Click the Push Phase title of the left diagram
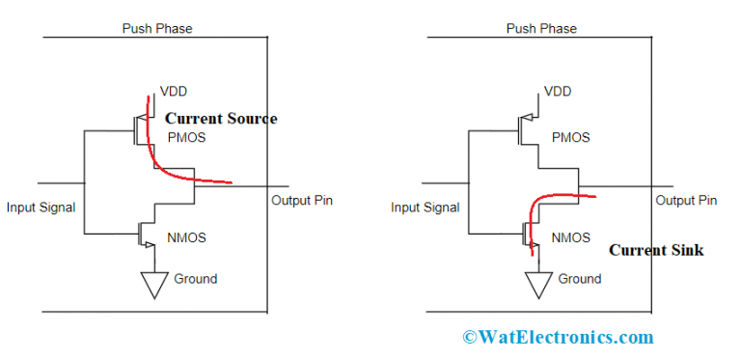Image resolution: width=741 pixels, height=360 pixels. click(156, 28)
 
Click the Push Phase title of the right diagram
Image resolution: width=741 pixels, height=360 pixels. click(541, 28)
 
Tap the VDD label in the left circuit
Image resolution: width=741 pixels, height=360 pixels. click(175, 94)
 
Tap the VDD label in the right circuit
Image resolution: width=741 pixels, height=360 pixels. click(559, 92)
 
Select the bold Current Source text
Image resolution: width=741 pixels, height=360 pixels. click(221, 119)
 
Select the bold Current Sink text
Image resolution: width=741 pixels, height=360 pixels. click(656, 250)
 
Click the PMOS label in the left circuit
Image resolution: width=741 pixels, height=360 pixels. click(186, 138)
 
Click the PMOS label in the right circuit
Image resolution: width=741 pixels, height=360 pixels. click(570, 137)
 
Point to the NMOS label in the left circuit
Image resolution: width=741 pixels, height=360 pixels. click(185, 237)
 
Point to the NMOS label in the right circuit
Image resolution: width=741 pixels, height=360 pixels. click(570, 236)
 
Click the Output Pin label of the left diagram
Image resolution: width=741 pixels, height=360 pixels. click(302, 201)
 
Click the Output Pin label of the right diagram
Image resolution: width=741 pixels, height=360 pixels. click(686, 201)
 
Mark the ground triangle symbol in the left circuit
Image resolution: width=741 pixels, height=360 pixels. click(151, 283)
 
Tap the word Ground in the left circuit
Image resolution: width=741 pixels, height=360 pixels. click(196, 279)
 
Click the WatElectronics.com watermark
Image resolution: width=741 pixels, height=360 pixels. click(558, 337)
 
